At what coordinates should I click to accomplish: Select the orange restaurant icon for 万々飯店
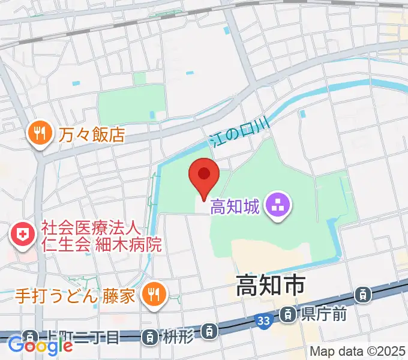[x=40, y=133]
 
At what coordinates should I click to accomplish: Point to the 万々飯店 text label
[x=92, y=133]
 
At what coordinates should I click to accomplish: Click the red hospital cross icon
[x=23, y=234]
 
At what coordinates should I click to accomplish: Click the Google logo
[x=40, y=346]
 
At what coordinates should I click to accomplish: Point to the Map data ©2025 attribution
[x=356, y=351]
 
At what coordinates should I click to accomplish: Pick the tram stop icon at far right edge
[x=362, y=294]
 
